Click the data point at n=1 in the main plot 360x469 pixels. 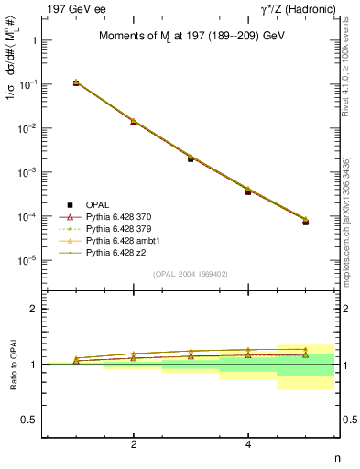[x=76, y=82]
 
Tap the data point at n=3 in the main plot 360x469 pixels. [x=191, y=158]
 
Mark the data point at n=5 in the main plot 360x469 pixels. [x=306, y=222]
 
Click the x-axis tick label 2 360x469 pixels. [x=134, y=444]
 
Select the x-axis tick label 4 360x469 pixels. [x=248, y=444]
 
